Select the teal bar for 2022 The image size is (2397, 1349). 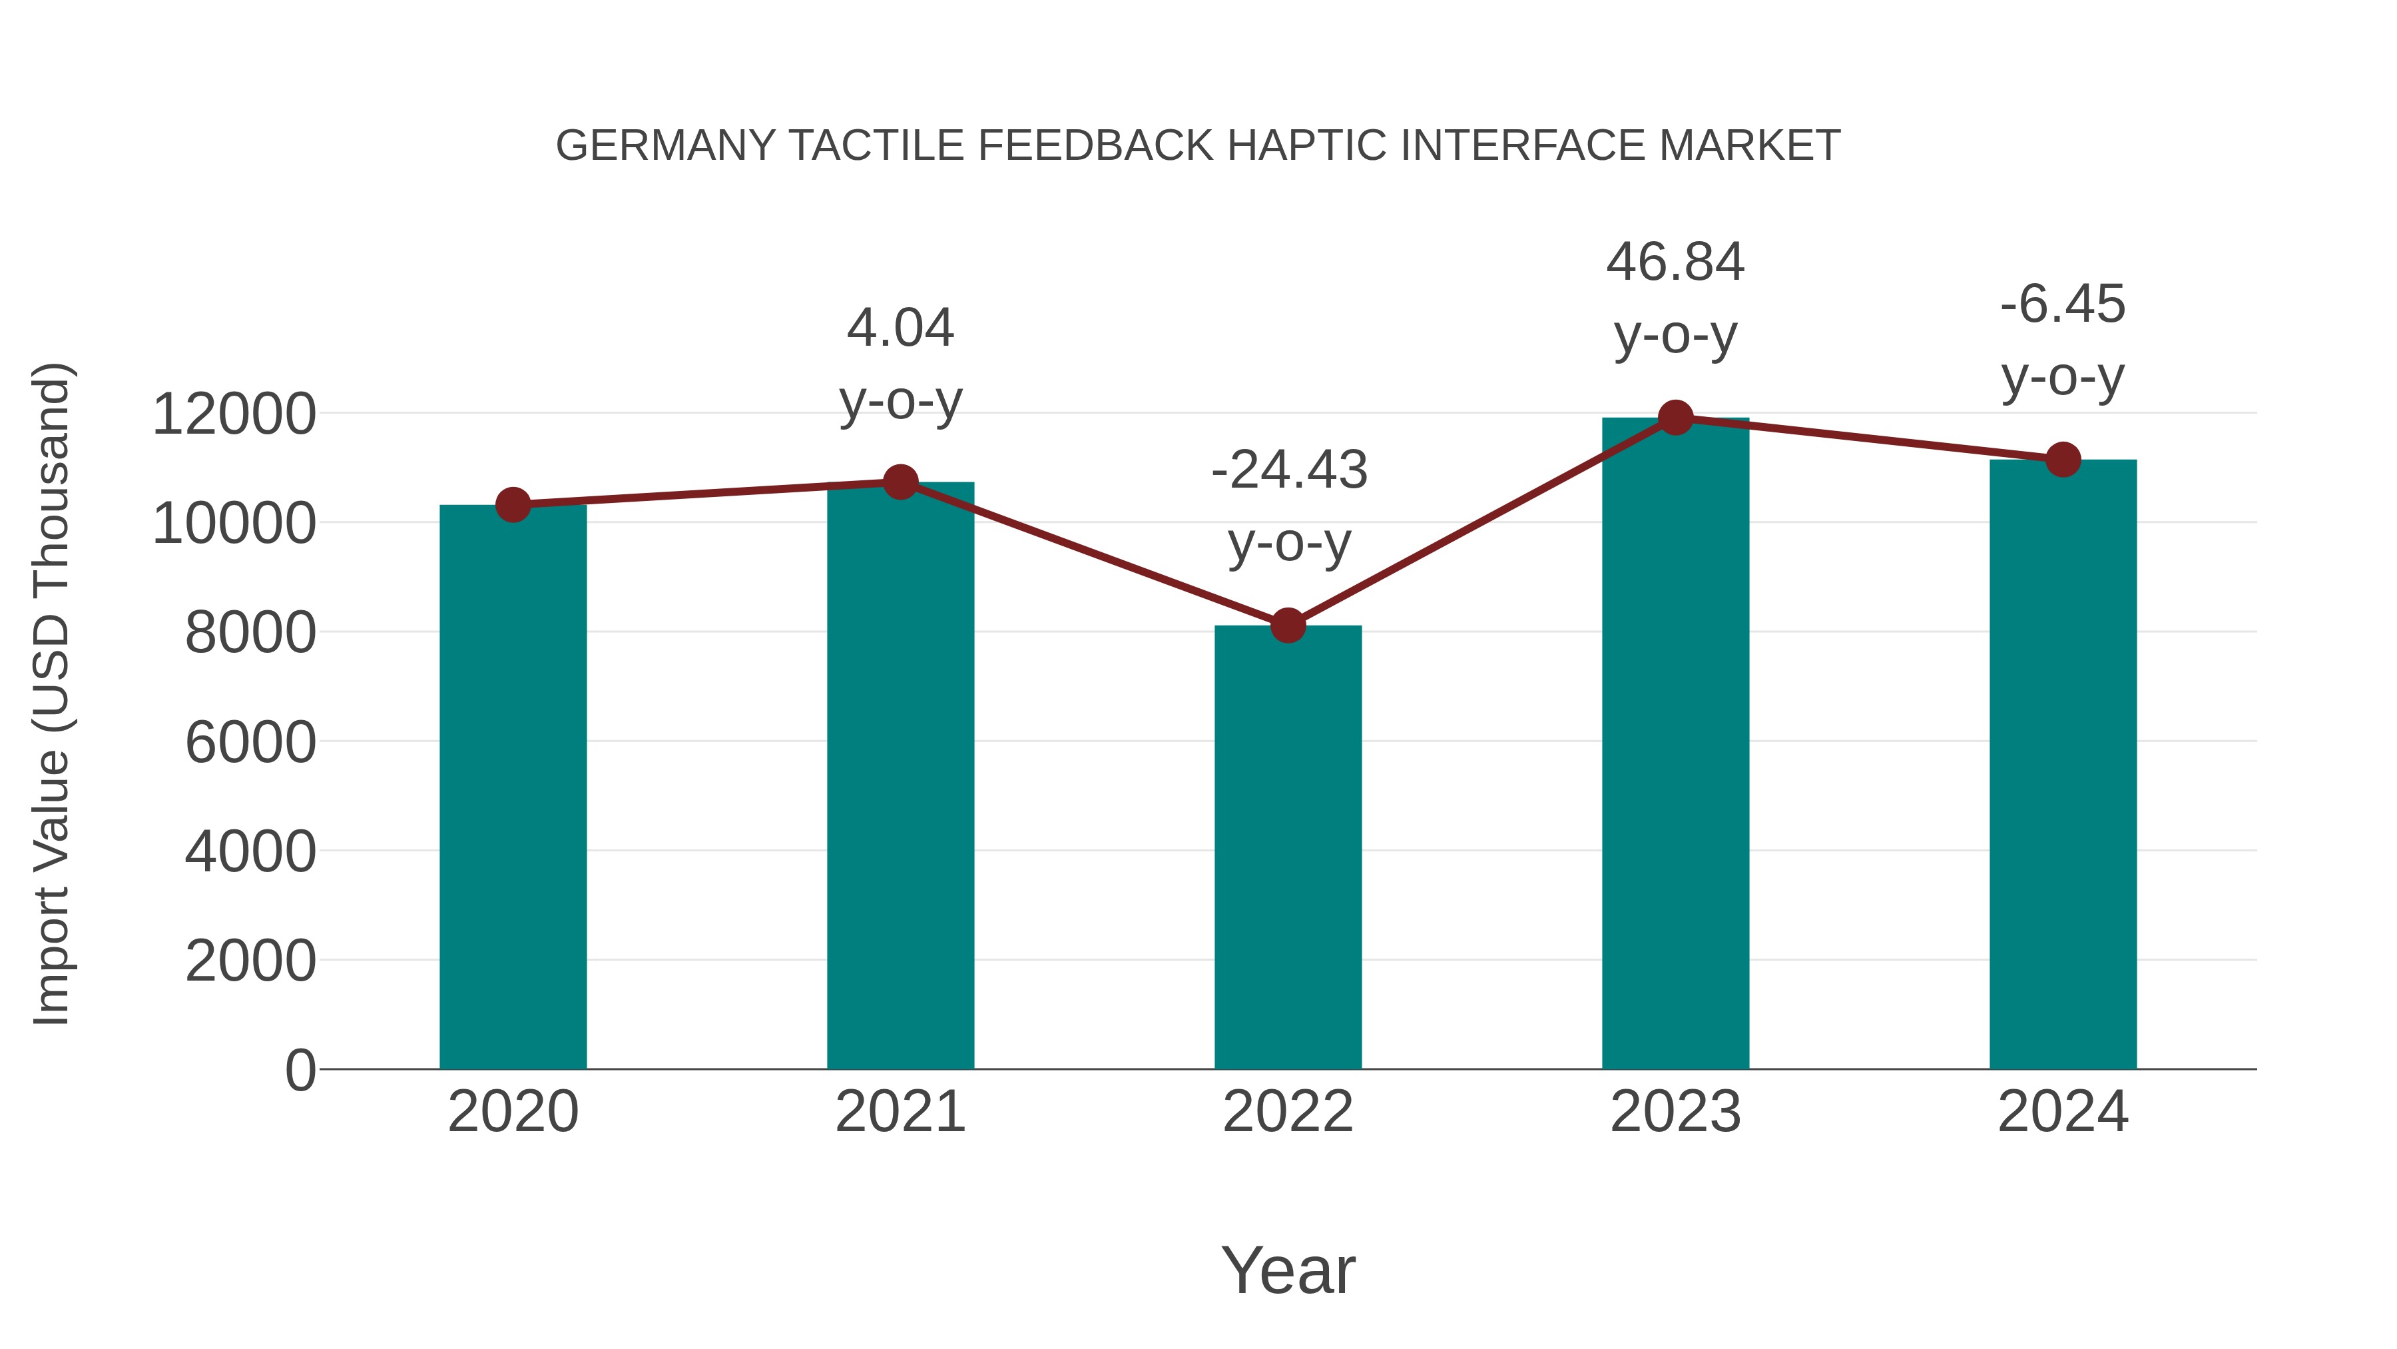coord(1288,847)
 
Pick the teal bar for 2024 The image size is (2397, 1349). coord(2063,763)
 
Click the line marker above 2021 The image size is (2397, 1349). coord(900,482)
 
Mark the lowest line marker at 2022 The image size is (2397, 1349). coord(1288,626)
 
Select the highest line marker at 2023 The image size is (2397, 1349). coord(1675,418)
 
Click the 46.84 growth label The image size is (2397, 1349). coord(1675,262)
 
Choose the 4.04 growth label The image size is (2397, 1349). coord(900,328)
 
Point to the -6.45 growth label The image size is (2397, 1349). coord(2063,305)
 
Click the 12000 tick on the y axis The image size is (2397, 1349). coord(234,414)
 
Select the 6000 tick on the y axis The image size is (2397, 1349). coord(250,743)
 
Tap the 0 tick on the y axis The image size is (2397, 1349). coord(300,1071)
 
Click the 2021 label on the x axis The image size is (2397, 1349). coord(900,1112)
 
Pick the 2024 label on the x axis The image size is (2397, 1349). coord(2063,1112)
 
